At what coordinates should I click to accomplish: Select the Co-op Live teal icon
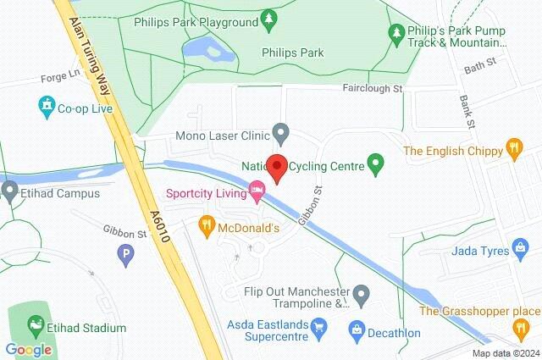(x=47, y=107)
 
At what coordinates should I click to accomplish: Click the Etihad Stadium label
(x=87, y=328)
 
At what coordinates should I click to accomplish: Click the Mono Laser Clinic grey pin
(x=281, y=134)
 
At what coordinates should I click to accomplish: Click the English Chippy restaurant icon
(x=512, y=150)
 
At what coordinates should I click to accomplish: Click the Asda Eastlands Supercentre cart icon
(x=319, y=324)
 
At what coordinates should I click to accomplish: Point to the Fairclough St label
(x=373, y=87)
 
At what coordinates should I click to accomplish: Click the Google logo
(x=29, y=349)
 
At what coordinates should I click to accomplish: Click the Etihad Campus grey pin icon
(x=9, y=191)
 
